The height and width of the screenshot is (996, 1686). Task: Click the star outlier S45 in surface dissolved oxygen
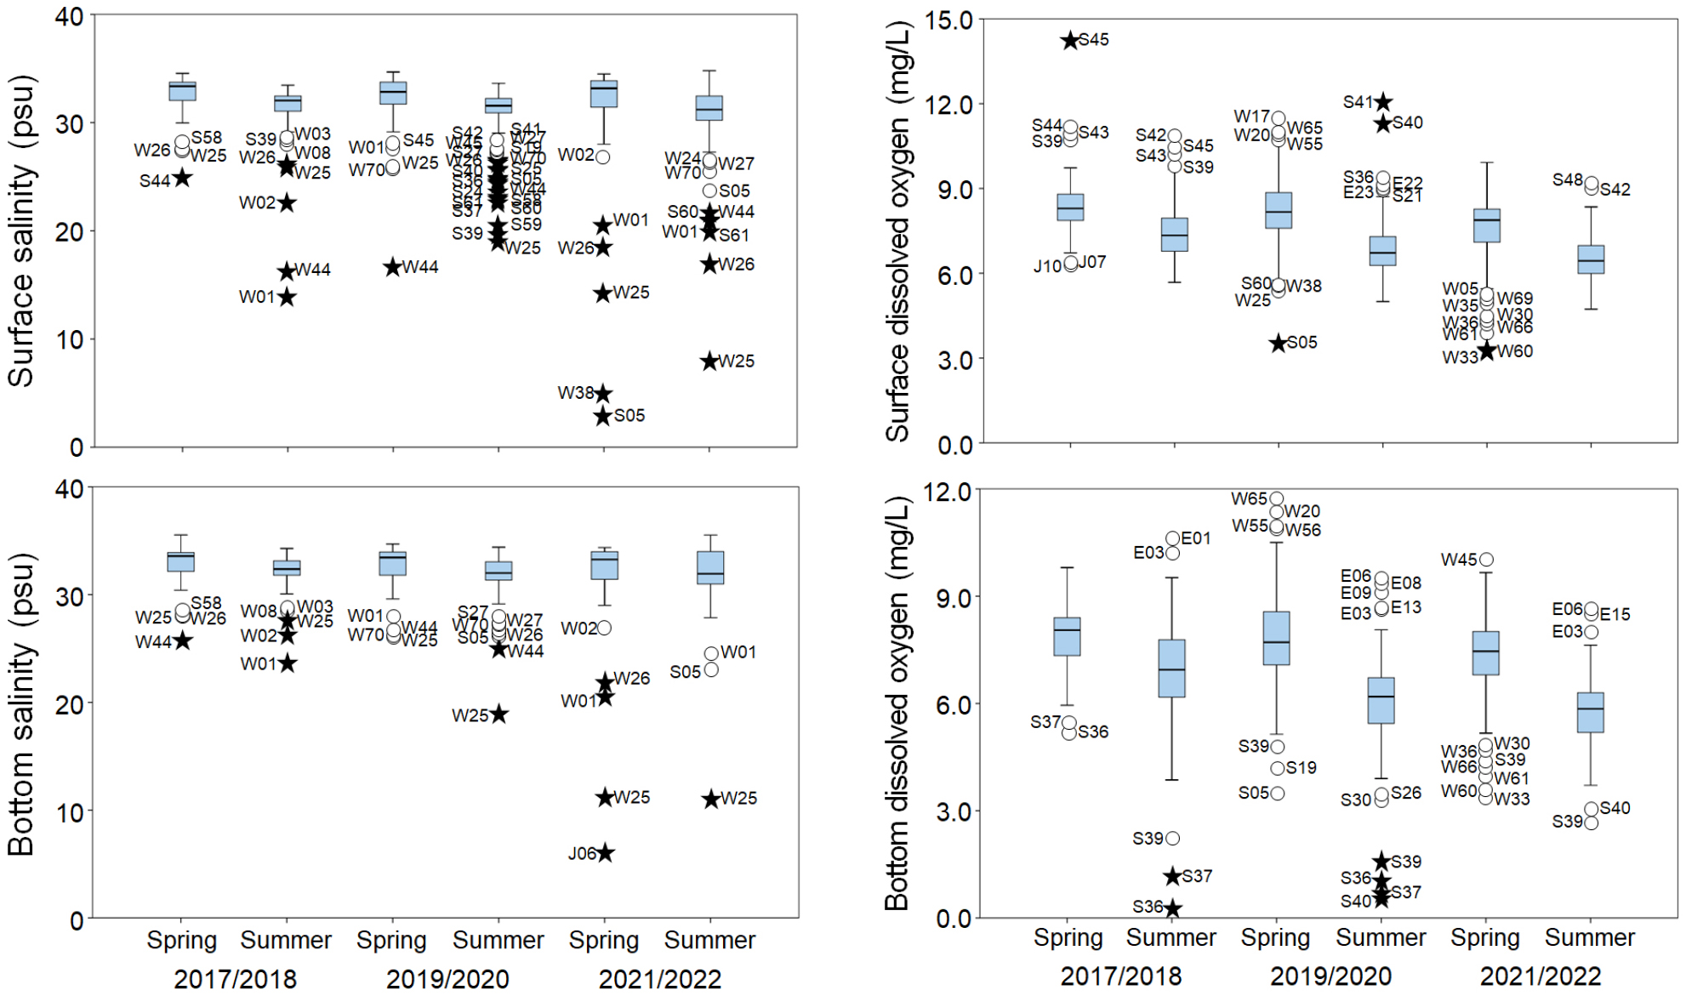click(x=1070, y=40)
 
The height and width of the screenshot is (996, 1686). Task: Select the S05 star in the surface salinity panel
click(x=603, y=416)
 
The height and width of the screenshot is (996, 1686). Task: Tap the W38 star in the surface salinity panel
click(x=603, y=394)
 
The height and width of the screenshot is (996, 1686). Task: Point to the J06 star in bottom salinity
click(x=605, y=853)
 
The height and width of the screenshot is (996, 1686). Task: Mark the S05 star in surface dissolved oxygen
click(x=1278, y=343)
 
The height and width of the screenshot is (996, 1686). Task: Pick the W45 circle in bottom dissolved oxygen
click(x=1486, y=560)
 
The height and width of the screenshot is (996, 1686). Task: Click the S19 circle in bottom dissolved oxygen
click(x=1278, y=768)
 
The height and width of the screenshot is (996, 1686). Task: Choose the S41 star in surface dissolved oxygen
click(x=1384, y=102)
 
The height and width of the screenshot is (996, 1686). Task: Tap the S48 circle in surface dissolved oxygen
click(x=1591, y=182)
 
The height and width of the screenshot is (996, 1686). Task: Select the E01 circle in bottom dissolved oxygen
click(x=1173, y=538)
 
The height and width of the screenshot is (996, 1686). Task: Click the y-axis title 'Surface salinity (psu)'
click(x=21, y=231)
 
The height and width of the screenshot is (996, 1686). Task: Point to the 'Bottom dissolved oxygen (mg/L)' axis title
click(x=897, y=704)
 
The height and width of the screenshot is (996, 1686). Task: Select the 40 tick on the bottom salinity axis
click(x=69, y=489)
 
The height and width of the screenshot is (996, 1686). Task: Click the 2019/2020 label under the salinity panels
click(x=447, y=979)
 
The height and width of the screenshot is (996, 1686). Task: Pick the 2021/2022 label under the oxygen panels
click(x=1540, y=976)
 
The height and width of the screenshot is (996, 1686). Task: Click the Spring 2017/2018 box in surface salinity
click(x=182, y=91)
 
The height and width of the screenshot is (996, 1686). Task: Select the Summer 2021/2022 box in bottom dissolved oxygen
click(x=1591, y=713)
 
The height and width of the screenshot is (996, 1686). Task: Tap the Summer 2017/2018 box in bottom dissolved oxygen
click(x=1172, y=669)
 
